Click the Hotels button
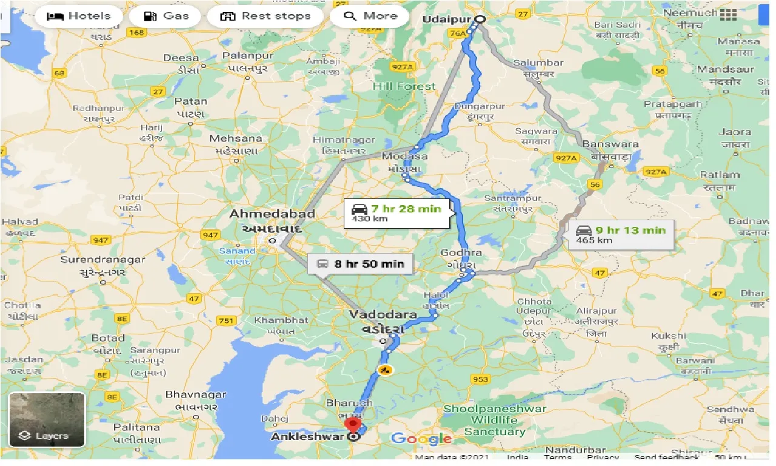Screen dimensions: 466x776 tap(78, 16)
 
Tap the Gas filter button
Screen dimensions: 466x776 tap(167, 16)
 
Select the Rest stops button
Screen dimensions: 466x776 tap(265, 16)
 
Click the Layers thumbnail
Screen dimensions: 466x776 tap(47, 420)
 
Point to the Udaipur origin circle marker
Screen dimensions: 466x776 tap(480, 19)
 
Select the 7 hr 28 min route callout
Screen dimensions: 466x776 tap(398, 213)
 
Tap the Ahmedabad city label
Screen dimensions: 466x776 tap(272, 214)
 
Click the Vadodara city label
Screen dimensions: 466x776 tap(383, 315)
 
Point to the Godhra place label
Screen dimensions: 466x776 tap(461, 252)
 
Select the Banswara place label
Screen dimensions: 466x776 tap(610, 144)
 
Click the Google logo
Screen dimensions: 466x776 tap(421, 439)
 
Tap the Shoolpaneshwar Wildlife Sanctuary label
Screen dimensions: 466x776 tap(495, 420)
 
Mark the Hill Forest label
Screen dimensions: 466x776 tap(404, 86)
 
